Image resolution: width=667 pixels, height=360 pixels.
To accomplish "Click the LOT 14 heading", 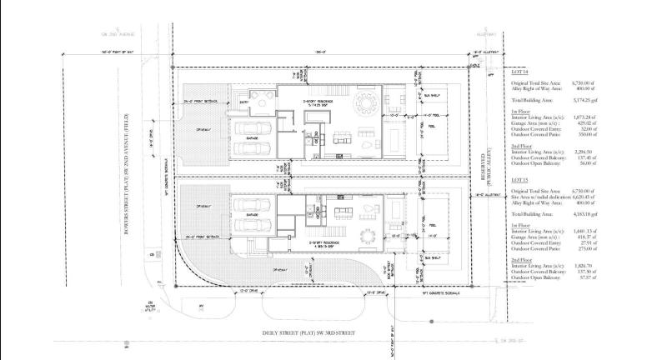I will [x=519, y=73].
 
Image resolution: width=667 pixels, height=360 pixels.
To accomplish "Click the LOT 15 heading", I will [x=519, y=179].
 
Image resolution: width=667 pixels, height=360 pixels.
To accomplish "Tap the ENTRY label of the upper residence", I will [x=244, y=99].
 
